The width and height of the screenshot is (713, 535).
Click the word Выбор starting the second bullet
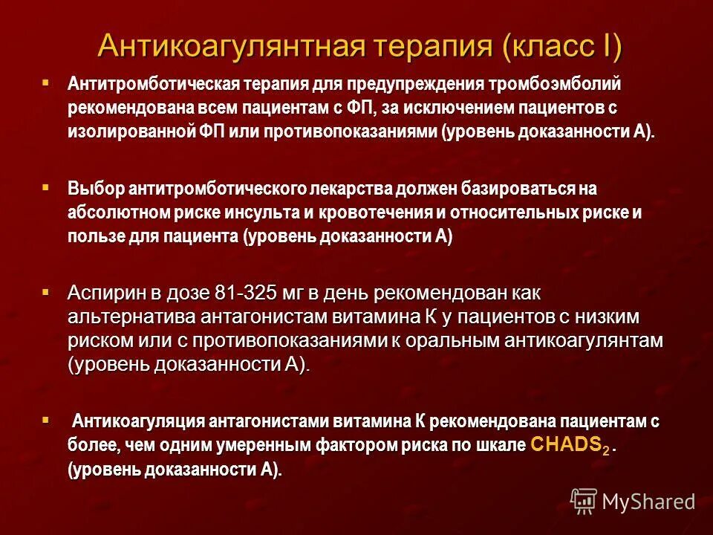coord(94,189)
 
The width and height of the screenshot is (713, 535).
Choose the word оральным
coord(455,340)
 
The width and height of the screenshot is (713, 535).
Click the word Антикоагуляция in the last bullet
coord(138,422)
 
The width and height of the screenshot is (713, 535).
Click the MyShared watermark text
coord(648,502)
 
